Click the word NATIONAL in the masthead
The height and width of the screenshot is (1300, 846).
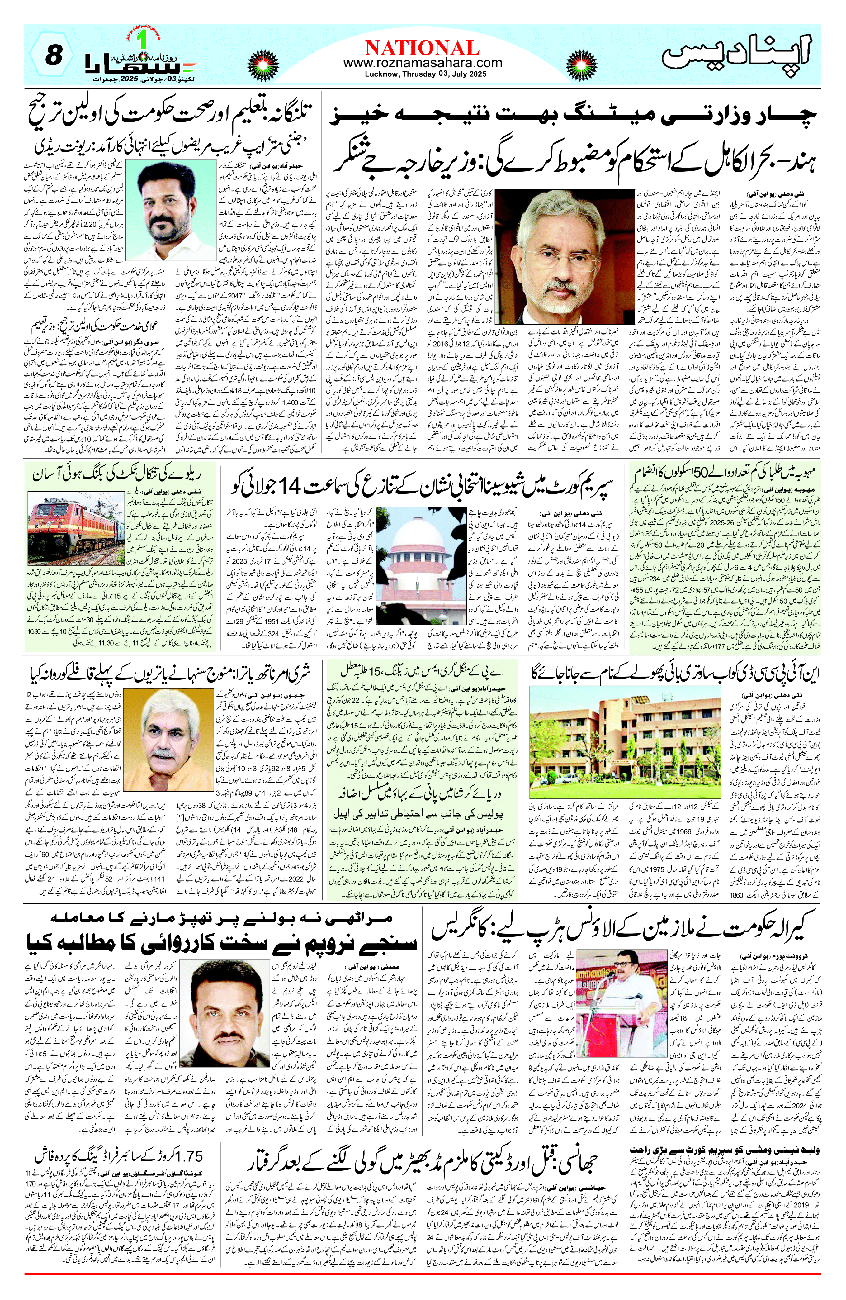click(x=423, y=48)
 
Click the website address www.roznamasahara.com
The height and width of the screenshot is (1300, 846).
click(x=423, y=63)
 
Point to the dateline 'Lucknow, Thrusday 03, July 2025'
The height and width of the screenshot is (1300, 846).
click(x=423, y=74)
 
